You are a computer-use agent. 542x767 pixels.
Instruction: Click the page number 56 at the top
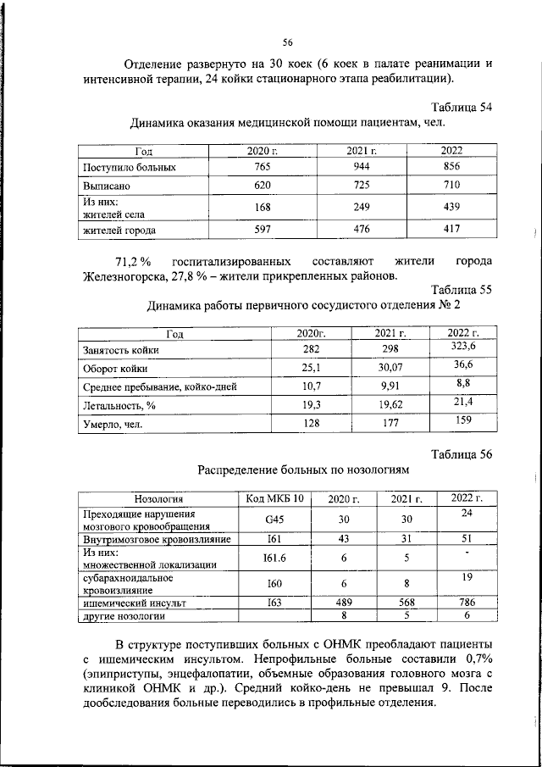pyautogui.click(x=287, y=43)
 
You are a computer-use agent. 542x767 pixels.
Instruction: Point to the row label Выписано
pyautogui.click(x=106, y=185)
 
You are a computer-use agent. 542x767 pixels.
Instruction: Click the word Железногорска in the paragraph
pyautogui.click(x=130, y=275)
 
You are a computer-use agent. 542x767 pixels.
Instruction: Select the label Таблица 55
pyautogui.click(x=462, y=290)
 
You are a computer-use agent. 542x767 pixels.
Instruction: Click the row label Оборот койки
pyautogui.click(x=115, y=369)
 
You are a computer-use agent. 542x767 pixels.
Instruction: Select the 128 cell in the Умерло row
pyautogui.click(x=309, y=424)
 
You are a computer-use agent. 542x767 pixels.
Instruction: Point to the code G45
pyautogui.click(x=274, y=520)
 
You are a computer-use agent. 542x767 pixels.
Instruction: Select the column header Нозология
pyautogui.click(x=158, y=498)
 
